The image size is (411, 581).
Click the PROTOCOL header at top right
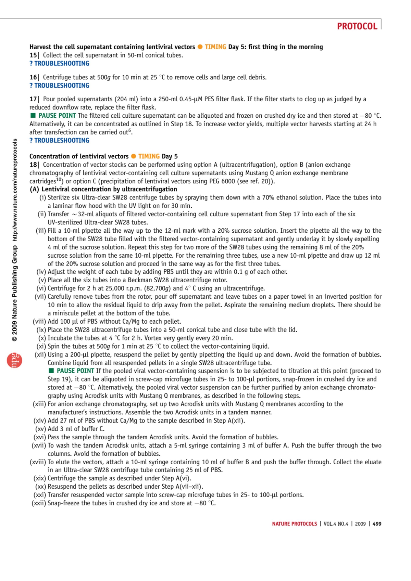(357, 26)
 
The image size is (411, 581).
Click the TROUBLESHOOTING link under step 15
(59, 64)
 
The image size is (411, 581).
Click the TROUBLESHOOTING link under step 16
(59, 86)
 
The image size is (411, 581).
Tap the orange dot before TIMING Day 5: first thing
(200, 47)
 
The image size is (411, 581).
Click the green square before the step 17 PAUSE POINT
(33, 116)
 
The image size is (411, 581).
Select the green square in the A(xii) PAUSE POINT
(51, 371)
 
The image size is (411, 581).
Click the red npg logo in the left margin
(14, 360)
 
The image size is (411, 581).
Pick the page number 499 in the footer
(377, 524)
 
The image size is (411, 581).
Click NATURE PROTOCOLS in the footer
(295, 524)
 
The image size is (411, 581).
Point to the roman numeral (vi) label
(41, 288)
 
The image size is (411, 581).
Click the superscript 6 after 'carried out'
(130, 131)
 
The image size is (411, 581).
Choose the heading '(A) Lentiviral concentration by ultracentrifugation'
(103, 189)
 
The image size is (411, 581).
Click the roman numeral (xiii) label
(39, 404)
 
